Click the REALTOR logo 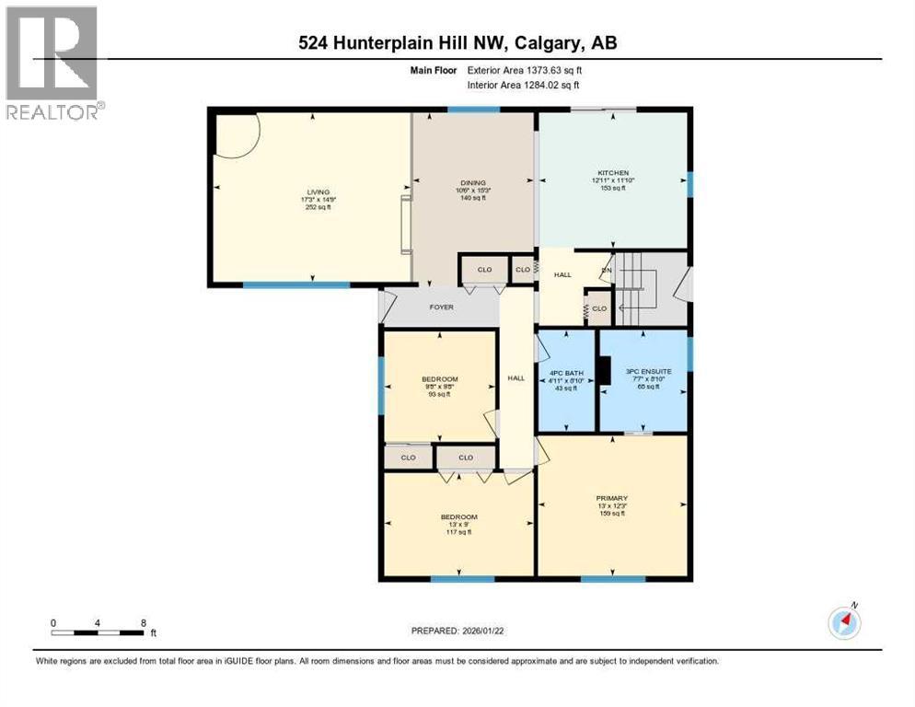click(x=52, y=62)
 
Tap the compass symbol click(x=844, y=623)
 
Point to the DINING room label click(x=473, y=183)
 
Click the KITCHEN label click(x=611, y=173)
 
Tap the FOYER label click(x=441, y=307)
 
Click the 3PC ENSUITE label click(x=648, y=371)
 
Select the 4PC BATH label click(x=566, y=374)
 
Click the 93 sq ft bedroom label click(x=440, y=379)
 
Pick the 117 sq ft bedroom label click(x=458, y=517)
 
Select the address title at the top click(x=457, y=43)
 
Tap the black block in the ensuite click(x=603, y=368)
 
